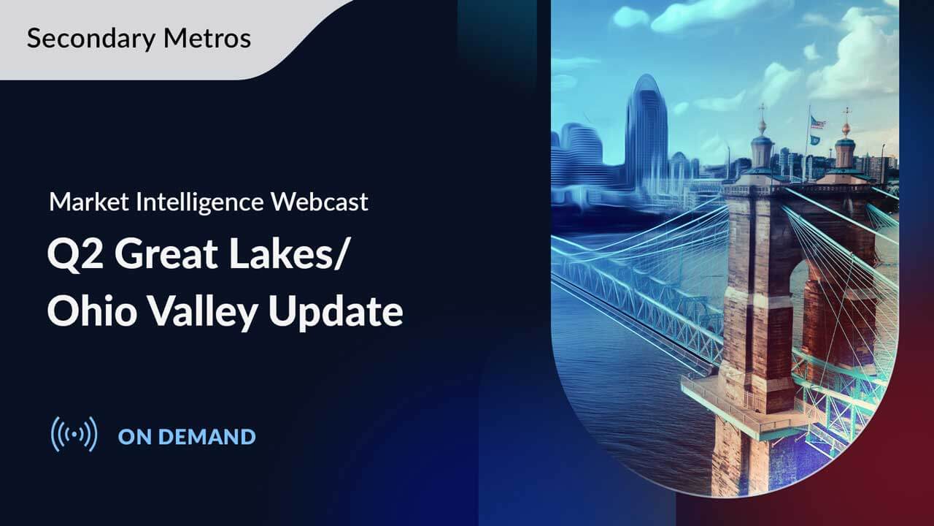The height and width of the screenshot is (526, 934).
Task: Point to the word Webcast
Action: point(320,202)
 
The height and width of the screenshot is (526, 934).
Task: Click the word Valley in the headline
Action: point(205,312)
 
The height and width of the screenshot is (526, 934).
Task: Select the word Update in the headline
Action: point(336,312)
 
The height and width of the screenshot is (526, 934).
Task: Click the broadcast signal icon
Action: point(74,435)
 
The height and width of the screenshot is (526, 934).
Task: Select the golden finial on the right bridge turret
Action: point(846,128)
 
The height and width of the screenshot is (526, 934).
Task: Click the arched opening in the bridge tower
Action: point(799,307)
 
